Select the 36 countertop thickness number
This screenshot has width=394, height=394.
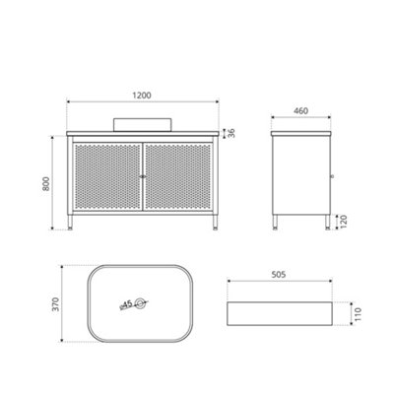(x=231, y=135)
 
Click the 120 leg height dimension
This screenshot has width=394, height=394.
(x=345, y=221)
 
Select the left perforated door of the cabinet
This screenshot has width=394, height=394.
(x=108, y=177)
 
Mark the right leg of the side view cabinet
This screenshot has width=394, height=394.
(x=325, y=222)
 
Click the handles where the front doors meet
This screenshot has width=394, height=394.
(x=144, y=176)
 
